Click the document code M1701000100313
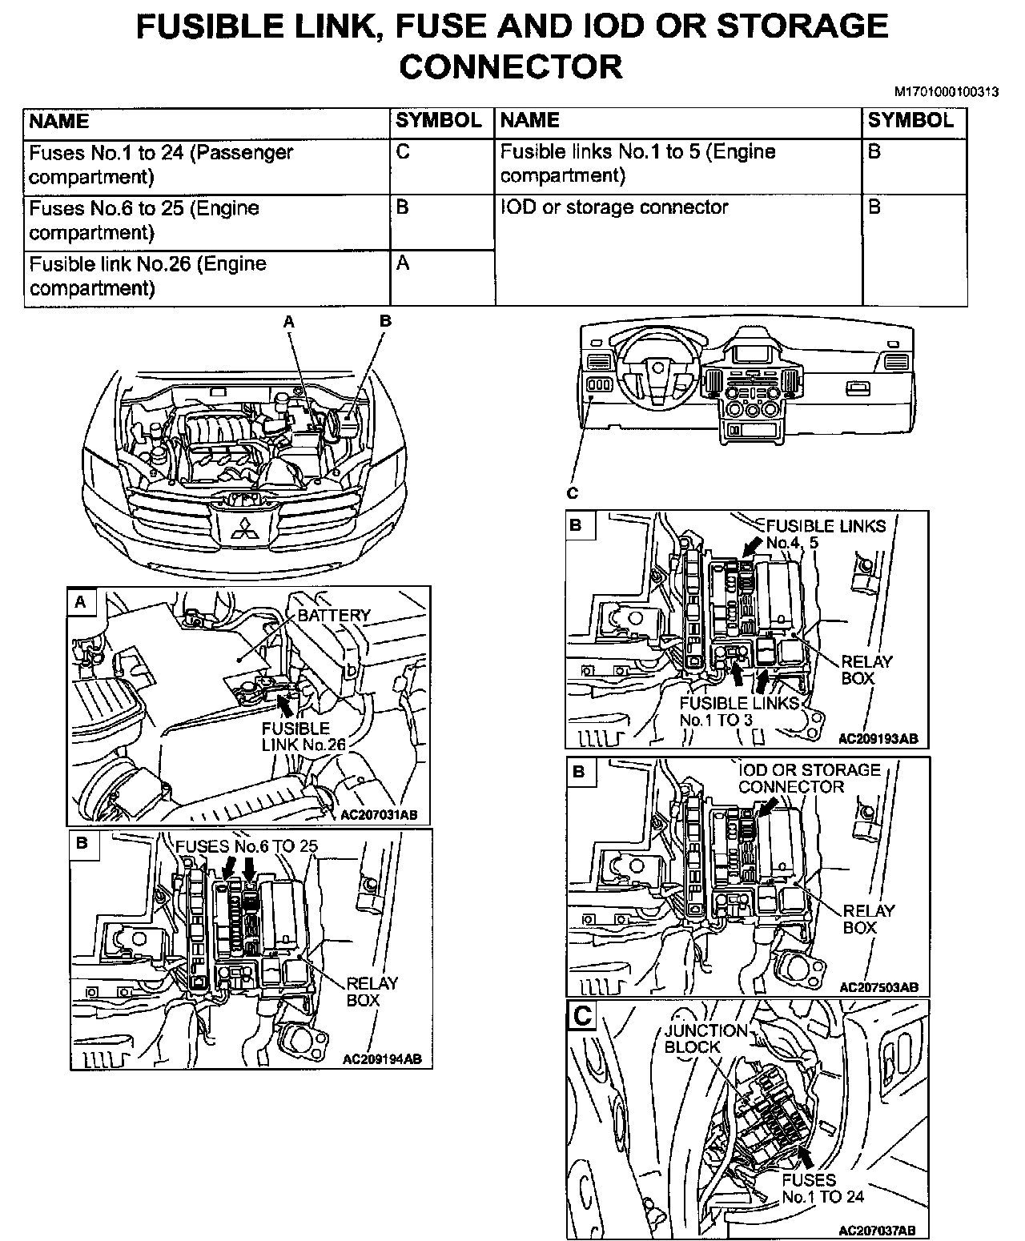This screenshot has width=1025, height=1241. pos(946,92)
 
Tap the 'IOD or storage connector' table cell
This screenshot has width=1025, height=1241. pos(614,207)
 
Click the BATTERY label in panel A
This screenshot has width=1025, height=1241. pos(334,615)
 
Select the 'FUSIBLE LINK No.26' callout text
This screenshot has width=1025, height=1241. pos(303,737)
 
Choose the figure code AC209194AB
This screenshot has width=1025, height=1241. pos(382,1059)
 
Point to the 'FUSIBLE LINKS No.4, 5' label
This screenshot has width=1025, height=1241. pos(826,534)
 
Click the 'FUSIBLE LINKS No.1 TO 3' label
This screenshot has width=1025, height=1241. pos(739,711)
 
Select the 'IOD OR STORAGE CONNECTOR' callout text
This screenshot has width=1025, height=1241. pos(809,778)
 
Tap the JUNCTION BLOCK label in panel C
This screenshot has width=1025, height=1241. pos(705,1038)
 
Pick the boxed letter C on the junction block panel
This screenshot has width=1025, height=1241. pos(582,1016)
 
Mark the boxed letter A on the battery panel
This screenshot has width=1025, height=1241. pos(80,602)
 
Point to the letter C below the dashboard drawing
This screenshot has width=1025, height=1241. pos(573,493)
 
